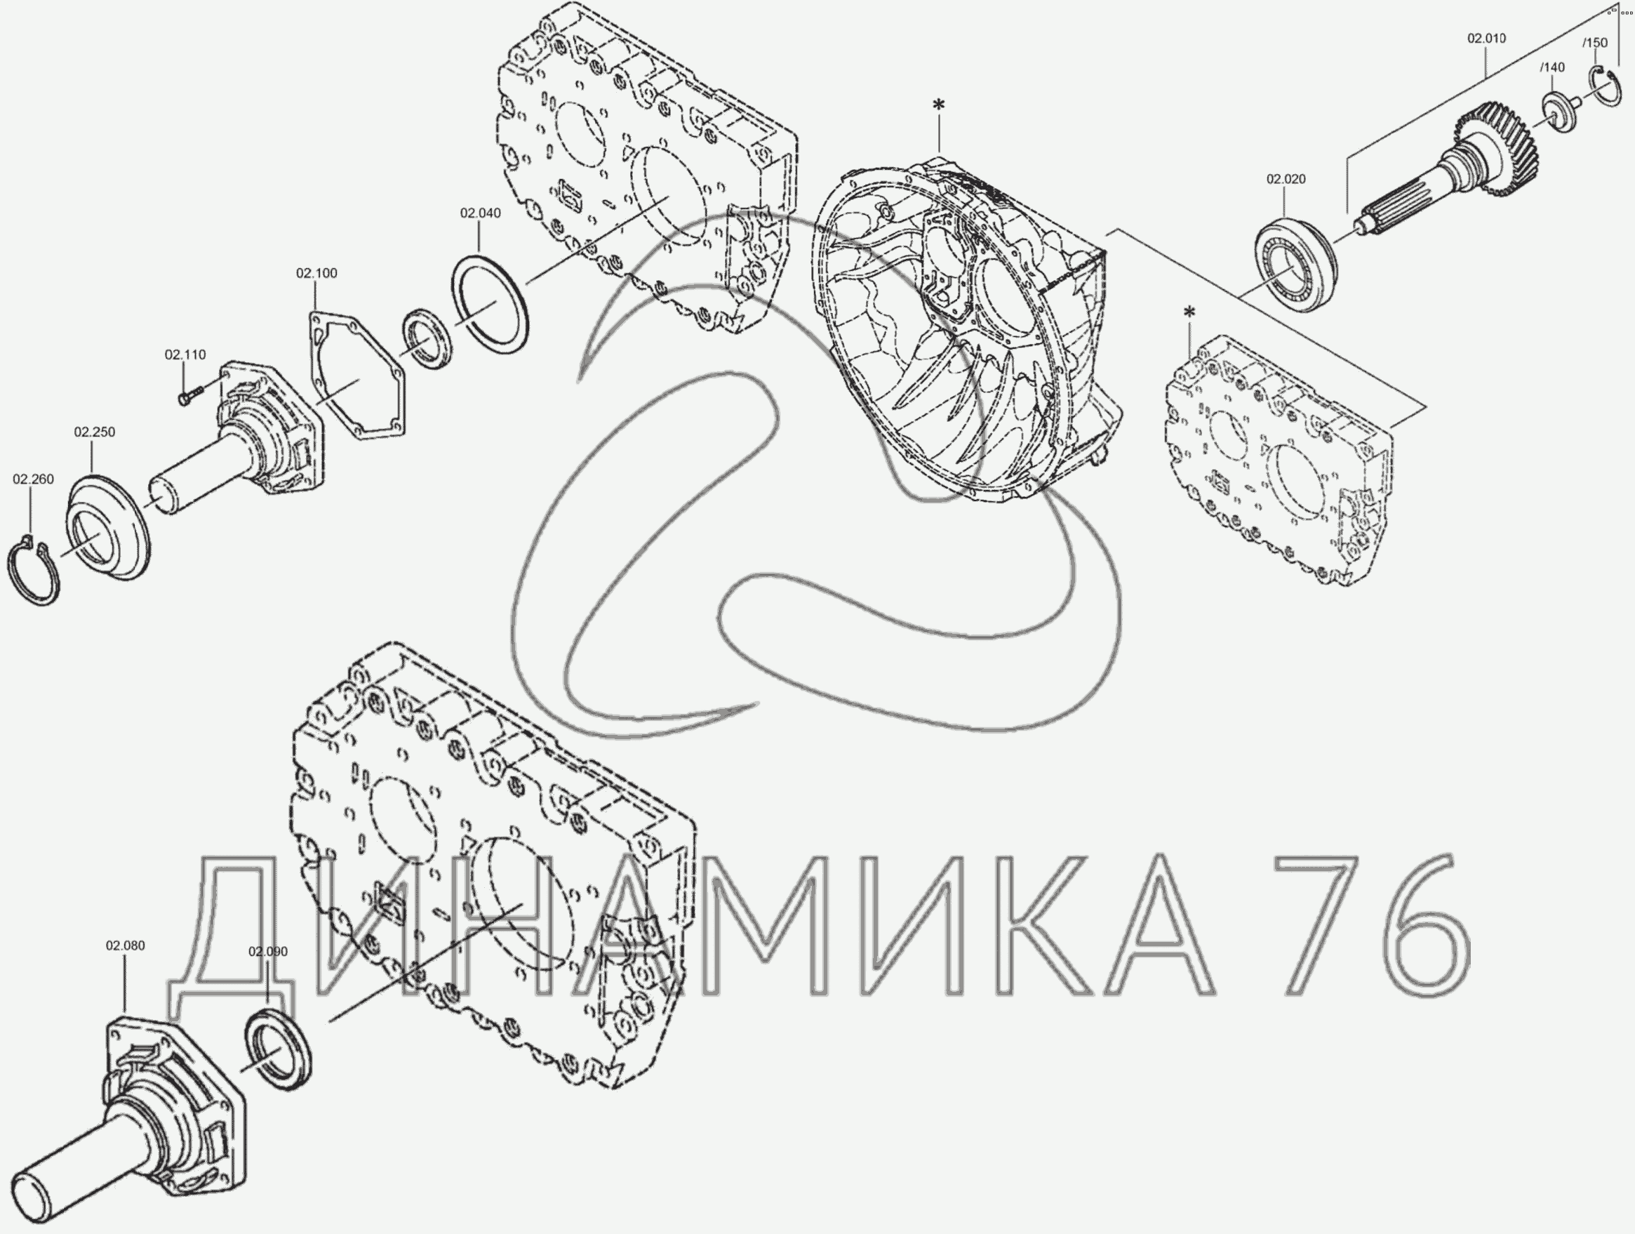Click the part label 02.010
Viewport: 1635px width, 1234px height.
(1486, 39)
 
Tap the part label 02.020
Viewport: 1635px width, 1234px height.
(1286, 179)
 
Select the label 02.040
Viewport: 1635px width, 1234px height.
(481, 213)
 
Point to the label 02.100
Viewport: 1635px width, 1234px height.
(316, 273)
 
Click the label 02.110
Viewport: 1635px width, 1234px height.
(185, 355)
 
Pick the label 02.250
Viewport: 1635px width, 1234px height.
(95, 432)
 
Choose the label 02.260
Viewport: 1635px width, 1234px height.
(33, 479)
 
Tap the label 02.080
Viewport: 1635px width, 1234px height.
(125, 946)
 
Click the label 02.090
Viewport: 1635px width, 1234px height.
(267, 952)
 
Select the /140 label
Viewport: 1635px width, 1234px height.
(1552, 67)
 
